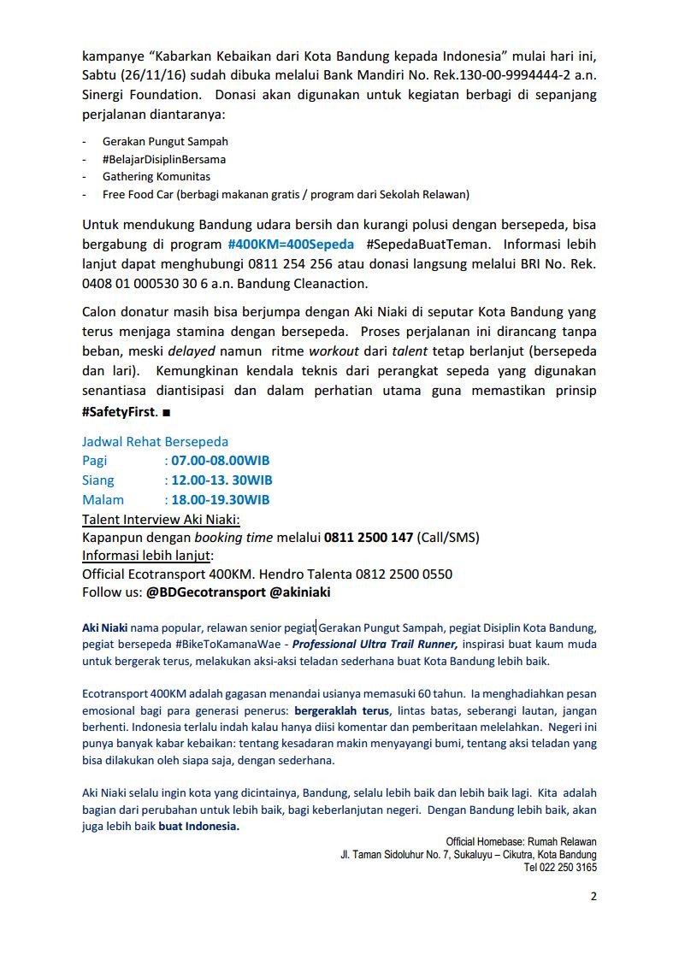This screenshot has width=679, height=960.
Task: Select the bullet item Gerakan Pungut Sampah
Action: pos(165,141)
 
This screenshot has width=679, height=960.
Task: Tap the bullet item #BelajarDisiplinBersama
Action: pos(164,159)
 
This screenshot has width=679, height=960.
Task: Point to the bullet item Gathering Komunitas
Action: pos(156,177)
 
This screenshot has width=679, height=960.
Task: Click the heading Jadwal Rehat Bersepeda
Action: pos(155,442)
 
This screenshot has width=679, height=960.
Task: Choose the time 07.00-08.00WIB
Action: pos(221,461)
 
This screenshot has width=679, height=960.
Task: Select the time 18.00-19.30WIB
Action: pos(221,500)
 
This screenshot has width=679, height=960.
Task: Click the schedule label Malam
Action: pos(103,500)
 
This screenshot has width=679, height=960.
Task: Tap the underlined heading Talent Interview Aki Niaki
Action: pos(161,519)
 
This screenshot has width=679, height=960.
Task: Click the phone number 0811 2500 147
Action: pos(369,538)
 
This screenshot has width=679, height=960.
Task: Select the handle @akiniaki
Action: pos(300,592)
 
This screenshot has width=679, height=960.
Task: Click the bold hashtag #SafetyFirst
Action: pos(119,410)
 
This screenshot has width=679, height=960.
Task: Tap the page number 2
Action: pos(593,896)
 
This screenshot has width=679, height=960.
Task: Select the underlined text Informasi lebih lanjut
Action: pos(147,556)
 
